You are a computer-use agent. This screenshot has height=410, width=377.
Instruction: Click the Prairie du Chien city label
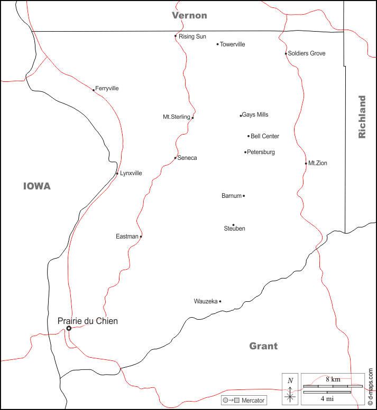pyautogui.click(x=88, y=321)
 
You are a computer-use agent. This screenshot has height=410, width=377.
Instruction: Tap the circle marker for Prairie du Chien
pyautogui.click(x=69, y=328)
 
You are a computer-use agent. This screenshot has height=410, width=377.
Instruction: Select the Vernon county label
pyautogui.click(x=189, y=15)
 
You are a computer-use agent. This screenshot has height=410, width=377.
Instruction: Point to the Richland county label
pyautogui.click(x=362, y=117)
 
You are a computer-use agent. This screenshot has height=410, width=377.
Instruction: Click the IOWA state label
pyautogui.click(x=37, y=186)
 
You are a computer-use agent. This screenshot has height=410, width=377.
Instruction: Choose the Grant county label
pyautogui.click(x=263, y=346)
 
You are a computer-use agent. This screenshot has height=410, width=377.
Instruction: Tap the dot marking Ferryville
pyautogui.click(x=94, y=90)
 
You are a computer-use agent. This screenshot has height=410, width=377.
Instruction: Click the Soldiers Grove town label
pyautogui.click(x=307, y=53)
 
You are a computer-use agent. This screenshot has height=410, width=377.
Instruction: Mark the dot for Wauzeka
pyautogui.click(x=220, y=301)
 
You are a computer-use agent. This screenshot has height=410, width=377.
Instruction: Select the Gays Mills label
pyautogui.click(x=255, y=115)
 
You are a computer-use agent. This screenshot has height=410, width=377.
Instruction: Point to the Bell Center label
pyautogui.click(x=265, y=136)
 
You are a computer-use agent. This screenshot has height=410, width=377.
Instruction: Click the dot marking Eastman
pyautogui.click(x=141, y=236)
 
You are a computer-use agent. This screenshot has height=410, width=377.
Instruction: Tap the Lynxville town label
pyautogui.click(x=131, y=173)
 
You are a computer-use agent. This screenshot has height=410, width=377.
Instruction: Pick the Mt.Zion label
pyautogui.click(x=318, y=163)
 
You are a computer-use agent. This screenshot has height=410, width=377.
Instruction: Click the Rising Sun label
pyautogui.click(x=192, y=36)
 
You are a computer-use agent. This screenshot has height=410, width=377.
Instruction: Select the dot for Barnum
pyautogui.click(x=244, y=196)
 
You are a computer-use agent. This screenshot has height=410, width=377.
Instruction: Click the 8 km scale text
pyautogui.click(x=333, y=379)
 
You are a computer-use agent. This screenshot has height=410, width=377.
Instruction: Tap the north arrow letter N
pyautogui.click(x=290, y=380)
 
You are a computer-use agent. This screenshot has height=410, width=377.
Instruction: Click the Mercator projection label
pyautogui.click(x=253, y=401)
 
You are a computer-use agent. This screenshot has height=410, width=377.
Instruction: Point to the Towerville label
pyautogui.click(x=233, y=44)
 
